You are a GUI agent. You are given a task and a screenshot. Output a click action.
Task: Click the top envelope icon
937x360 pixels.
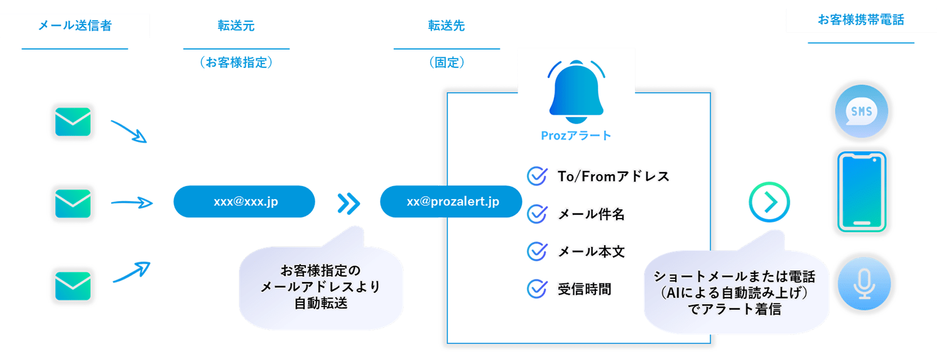point(73,122)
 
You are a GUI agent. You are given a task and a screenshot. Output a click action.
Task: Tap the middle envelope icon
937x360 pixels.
point(73,203)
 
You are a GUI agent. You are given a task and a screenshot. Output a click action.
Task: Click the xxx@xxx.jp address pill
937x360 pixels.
point(244,202)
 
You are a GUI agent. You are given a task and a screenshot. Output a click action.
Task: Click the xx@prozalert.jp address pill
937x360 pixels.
point(450,202)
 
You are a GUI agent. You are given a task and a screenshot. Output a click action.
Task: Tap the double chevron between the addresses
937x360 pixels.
point(348,202)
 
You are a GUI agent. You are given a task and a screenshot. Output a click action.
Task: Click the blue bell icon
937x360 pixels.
point(576,92)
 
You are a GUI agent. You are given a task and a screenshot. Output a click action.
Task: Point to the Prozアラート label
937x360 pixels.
point(576,136)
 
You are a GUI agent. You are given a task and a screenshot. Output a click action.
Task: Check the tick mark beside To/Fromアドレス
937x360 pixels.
point(536,176)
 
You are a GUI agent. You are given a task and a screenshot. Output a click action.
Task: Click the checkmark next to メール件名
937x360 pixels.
point(536,214)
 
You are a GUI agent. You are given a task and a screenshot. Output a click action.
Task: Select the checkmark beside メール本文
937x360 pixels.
point(536,251)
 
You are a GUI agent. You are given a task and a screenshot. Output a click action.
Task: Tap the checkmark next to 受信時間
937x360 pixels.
point(536,289)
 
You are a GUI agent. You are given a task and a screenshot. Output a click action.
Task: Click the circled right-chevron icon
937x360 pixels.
point(769,202)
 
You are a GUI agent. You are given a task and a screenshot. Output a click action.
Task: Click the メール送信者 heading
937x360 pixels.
point(75,25)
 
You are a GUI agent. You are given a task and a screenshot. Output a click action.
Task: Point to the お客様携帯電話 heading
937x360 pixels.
point(860,20)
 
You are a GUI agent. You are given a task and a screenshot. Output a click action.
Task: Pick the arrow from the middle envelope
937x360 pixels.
point(131,202)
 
